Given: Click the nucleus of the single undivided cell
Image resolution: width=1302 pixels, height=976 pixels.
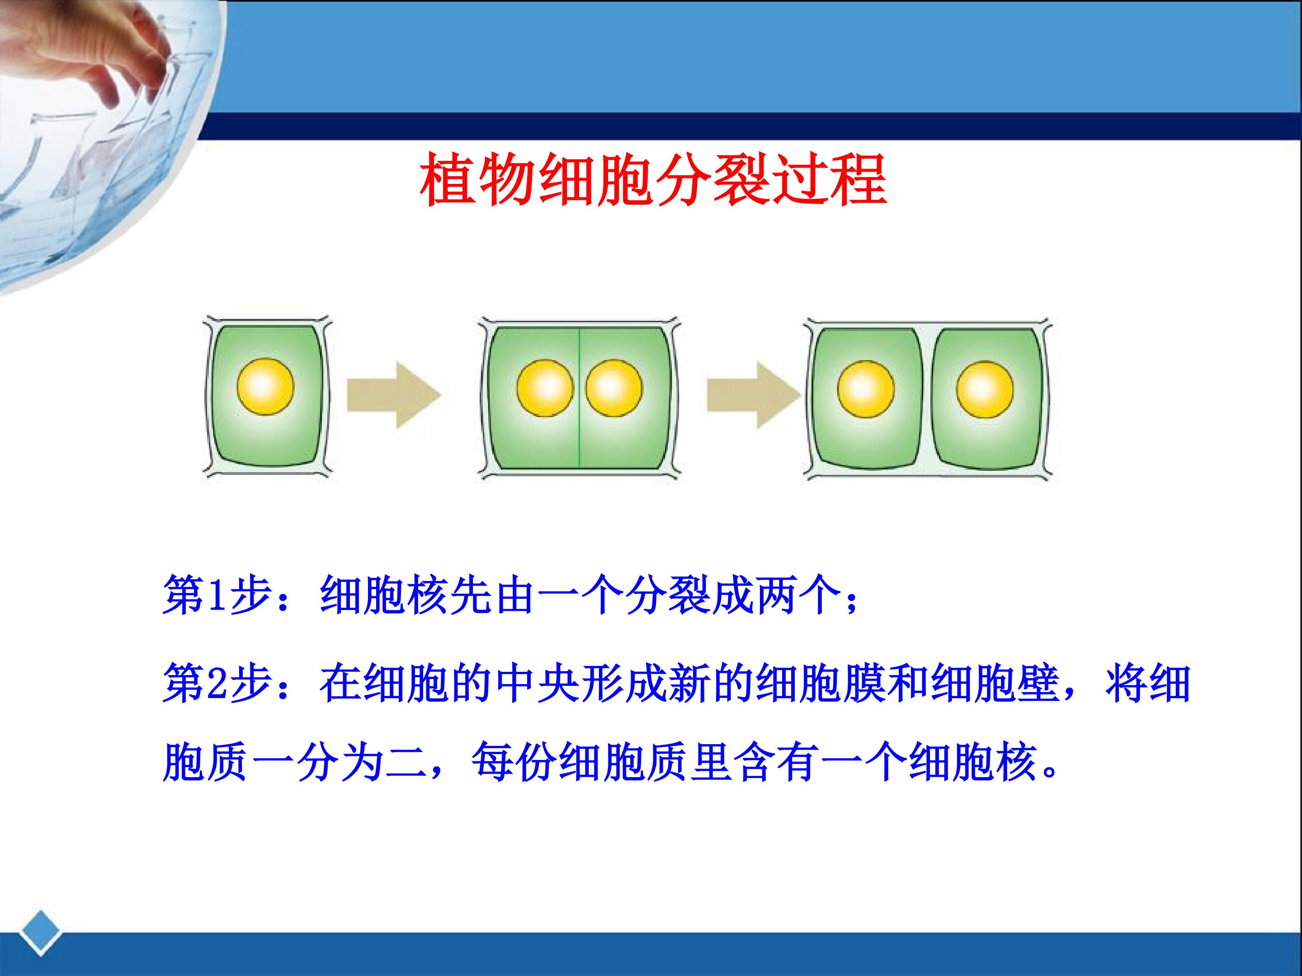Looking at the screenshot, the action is point(265,386).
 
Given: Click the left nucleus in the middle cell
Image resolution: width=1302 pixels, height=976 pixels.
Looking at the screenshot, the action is point(545,388).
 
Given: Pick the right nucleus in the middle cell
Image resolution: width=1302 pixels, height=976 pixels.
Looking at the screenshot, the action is point(614,388).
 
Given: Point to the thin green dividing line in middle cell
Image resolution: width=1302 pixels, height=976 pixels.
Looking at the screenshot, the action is point(580,398).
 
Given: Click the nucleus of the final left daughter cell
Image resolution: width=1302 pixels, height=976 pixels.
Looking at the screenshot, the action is point(865,389).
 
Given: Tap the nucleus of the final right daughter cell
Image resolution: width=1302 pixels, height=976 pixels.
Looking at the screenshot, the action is point(985,389).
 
